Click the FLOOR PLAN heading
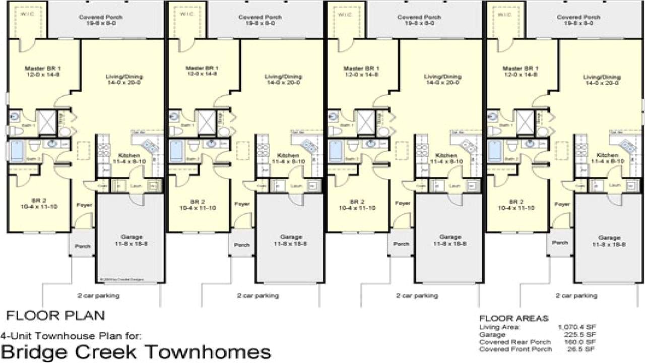(55, 316)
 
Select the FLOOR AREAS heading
(513, 318)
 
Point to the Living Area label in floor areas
(496, 327)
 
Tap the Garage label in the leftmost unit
(132, 236)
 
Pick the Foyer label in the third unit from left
(403, 204)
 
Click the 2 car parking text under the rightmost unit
(576, 296)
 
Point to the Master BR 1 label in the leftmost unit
(43, 68)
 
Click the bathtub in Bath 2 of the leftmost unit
(18, 150)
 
